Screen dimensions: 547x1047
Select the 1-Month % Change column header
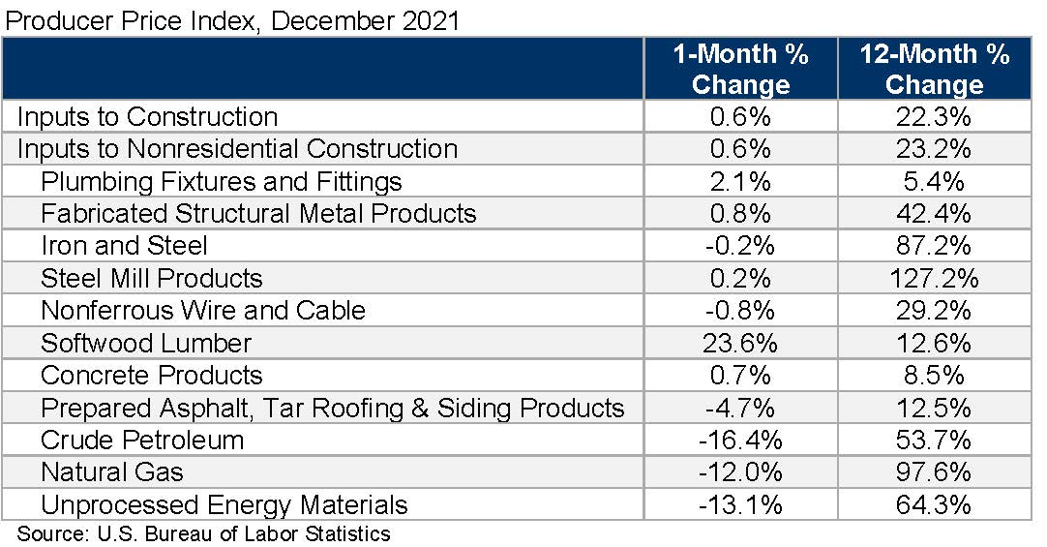pos(740,69)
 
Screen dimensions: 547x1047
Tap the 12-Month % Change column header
pos(934,69)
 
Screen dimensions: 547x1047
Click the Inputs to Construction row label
pos(147,117)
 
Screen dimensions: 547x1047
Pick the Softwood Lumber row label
pos(146,343)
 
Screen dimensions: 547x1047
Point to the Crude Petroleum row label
pos(141,441)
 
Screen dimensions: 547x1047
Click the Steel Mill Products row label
pos(151,279)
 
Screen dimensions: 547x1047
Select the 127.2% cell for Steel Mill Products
pos(934,279)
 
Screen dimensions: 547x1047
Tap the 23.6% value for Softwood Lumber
pos(740,343)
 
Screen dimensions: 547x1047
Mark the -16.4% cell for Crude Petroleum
pos(740,441)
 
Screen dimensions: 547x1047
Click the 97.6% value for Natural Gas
pos(934,472)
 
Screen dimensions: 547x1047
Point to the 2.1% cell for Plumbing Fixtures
pos(740,181)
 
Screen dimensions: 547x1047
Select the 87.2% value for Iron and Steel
pos(934,246)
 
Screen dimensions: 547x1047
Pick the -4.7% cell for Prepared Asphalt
pos(740,408)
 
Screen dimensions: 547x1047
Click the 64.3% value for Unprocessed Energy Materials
pos(934,504)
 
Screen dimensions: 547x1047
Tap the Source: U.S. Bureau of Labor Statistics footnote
pos(203,533)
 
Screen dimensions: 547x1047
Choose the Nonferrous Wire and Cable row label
pos(203,311)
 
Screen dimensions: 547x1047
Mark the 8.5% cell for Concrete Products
pos(934,376)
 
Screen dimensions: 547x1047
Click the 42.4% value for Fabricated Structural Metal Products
pos(934,214)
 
